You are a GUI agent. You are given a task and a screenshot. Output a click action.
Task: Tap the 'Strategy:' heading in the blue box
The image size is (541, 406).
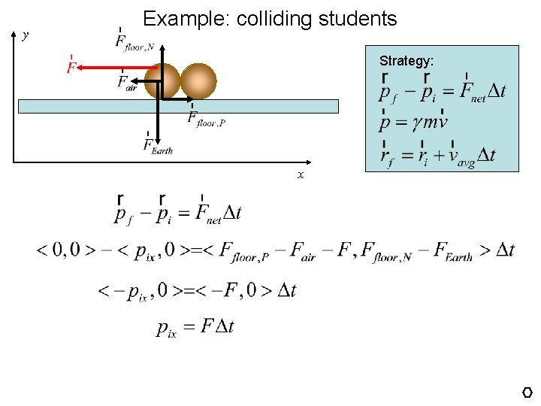click(x=406, y=60)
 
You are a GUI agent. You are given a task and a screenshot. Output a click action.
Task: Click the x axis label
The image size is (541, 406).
click(x=301, y=174)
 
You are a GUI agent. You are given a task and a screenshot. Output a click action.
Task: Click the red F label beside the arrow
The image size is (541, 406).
click(x=71, y=66)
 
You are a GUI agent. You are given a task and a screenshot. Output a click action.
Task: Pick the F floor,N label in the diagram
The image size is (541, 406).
click(x=134, y=41)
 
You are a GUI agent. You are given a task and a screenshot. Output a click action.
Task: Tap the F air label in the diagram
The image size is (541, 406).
click(x=126, y=82)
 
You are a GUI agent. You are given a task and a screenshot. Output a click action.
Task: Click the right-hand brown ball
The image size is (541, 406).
click(x=198, y=81)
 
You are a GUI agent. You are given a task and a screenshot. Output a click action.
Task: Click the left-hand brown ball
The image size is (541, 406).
click(x=162, y=81)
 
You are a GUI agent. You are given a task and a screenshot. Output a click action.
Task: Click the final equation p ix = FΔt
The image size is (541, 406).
click(x=195, y=326)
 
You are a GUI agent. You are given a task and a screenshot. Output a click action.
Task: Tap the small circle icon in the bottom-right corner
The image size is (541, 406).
click(x=527, y=392)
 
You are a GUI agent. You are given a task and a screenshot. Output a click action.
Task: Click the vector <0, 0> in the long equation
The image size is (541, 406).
click(x=64, y=250)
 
